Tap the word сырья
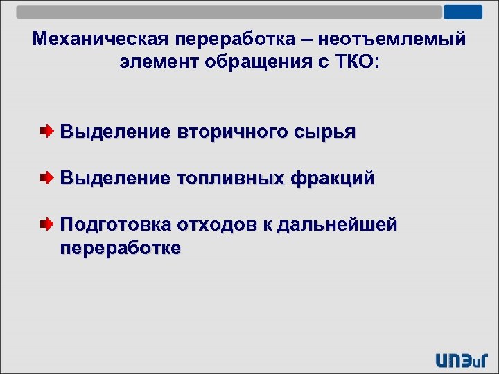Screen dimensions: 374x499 click(x=326, y=132)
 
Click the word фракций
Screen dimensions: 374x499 click(x=333, y=178)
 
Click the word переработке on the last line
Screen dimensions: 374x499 click(x=121, y=247)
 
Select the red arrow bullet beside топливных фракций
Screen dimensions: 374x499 click(x=45, y=178)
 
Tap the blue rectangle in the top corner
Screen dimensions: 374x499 click(x=462, y=12)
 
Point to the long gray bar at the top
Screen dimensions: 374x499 click(x=229, y=12)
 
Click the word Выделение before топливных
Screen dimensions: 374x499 click(x=115, y=178)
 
